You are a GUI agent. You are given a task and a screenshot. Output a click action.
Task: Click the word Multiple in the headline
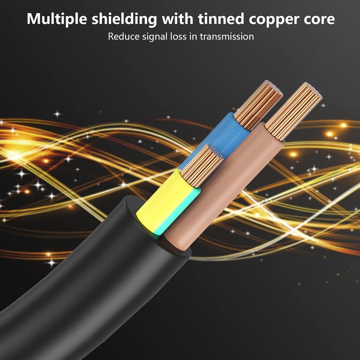click(57, 19)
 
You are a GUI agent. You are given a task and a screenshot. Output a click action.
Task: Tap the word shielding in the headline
click(124, 19)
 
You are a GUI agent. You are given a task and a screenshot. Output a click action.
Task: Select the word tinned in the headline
click(221, 18)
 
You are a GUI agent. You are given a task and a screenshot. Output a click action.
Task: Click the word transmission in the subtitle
click(227, 36)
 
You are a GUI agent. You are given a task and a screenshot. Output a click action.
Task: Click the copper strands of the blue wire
click(258, 104)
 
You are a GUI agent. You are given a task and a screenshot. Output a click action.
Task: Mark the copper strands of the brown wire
click(294, 111)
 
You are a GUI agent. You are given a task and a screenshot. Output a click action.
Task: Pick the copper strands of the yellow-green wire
click(202, 165)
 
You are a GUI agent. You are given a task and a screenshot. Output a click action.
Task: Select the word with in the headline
click(177, 18)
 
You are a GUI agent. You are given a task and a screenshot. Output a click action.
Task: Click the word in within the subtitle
click(193, 36)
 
